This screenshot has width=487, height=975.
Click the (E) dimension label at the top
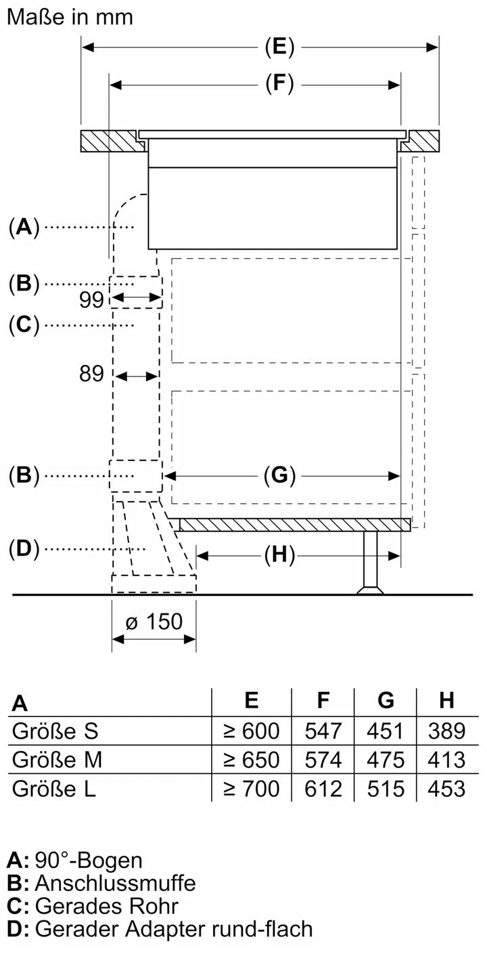(x=279, y=47)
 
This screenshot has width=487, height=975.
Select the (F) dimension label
(x=279, y=84)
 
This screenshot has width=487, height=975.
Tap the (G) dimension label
(x=279, y=476)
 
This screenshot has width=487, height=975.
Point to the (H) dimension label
(x=279, y=555)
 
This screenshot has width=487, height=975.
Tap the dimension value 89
(x=91, y=374)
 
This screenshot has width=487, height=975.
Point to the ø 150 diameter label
(x=154, y=620)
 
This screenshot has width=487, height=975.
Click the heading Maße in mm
(x=70, y=16)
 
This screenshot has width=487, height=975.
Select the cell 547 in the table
(x=324, y=731)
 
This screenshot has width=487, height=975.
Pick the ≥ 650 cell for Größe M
(x=251, y=760)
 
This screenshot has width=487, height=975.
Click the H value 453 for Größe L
(x=446, y=788)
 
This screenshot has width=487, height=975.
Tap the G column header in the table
(x=386, y=701)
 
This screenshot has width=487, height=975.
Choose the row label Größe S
(x=55, y=731)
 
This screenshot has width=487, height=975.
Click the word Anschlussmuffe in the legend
(x=115, y=883)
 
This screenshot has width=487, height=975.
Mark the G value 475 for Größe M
(x=386, y=760)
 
